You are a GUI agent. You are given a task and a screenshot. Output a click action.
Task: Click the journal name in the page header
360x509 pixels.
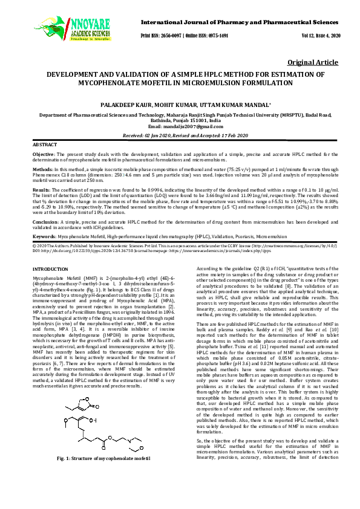pyautogui.click(x=240, y=22)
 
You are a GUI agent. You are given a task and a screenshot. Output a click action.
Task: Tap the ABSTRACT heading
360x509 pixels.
pyautogui.click(x=44, y=146)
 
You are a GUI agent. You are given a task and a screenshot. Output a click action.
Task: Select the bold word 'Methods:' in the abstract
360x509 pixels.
pyautogui.click(x=42, y=171)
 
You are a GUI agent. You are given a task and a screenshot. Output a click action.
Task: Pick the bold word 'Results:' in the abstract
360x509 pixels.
pyautogui.click(x=41, y=189)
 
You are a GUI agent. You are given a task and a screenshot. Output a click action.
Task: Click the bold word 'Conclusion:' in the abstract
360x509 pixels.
pyautogui.click(x=45, y=222)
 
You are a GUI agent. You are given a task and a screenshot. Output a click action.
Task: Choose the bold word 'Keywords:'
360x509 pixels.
pyautogui.click(x=44, y=236)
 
